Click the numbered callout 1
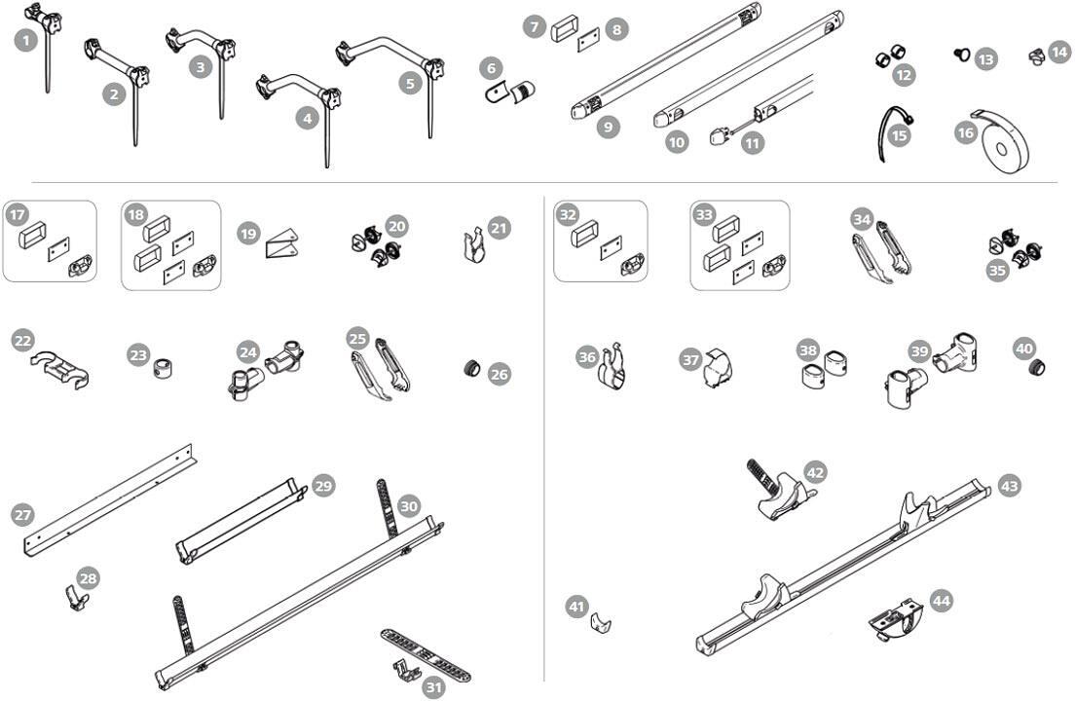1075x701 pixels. pyautogui.click(x=25, y=41)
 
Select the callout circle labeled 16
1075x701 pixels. pyautogui.click(x=966, y=131)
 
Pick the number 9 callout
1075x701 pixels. pyautogui.click(x=609, y=127)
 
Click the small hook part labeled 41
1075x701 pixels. pyautogui.click(x=601, y=623)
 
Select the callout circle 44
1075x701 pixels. pyautogui.click(x=941, y=601)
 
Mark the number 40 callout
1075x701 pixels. pyautogui.click(x=1024, y=348)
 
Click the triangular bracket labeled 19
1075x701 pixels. pyautogui.click(x=279, y=241)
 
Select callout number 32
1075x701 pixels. pyautogui.click(x=567, y=215)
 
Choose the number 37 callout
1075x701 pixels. pyautogui.click(x=690, y=359)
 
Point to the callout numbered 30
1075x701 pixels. pyautogui.click(x=409, y=506)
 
